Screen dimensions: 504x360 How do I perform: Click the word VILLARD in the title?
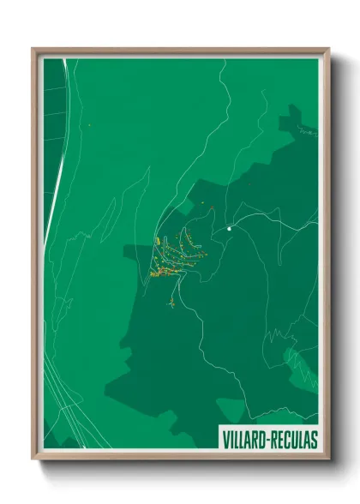click(x=243, y=439)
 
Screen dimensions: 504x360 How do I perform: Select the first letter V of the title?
click(x=225, y=439)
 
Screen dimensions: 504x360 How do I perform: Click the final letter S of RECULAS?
click(x=313, y=439)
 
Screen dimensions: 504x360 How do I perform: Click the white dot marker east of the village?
click(x=230, y=229)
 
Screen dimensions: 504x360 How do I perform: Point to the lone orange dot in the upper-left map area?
click(x=88, y=126)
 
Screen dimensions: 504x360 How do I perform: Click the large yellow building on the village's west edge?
click(x=157, y=273)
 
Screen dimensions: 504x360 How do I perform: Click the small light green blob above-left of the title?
click(x=230, y=411)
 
